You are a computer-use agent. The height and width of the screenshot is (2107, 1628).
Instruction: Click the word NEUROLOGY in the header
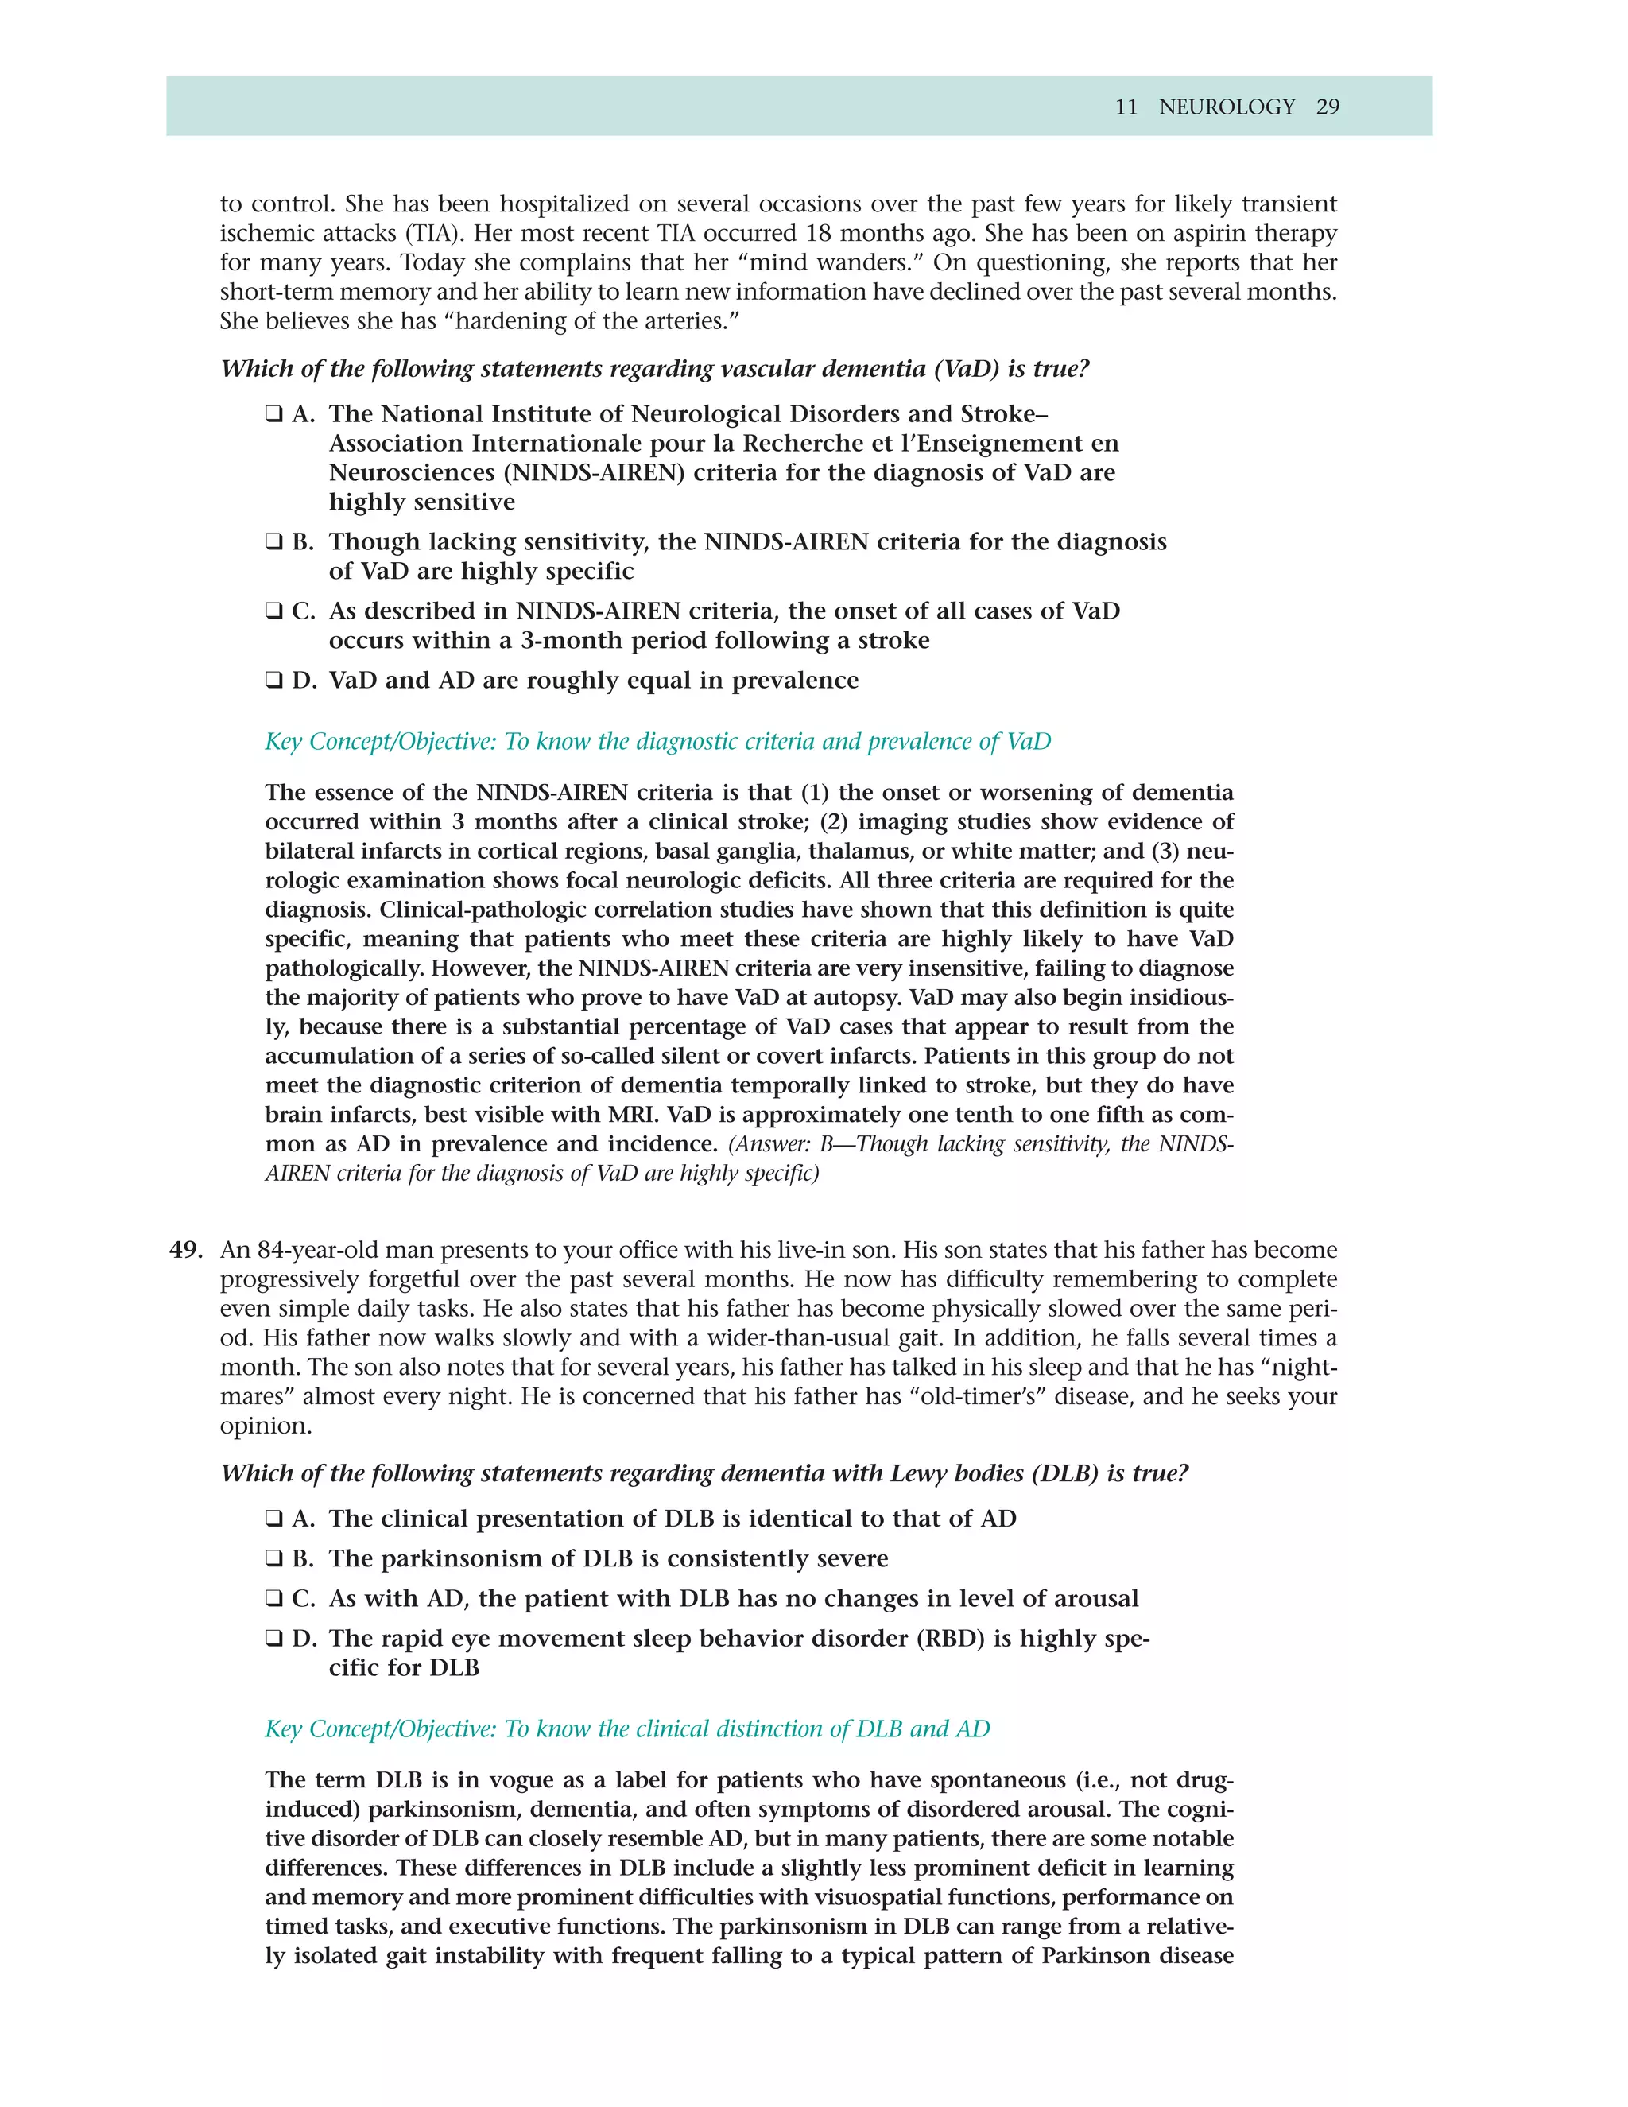1226,107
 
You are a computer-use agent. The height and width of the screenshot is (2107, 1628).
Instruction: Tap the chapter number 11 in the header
1126,107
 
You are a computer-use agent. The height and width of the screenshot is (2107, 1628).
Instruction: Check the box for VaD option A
274,415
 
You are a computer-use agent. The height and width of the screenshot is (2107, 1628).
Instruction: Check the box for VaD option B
274,542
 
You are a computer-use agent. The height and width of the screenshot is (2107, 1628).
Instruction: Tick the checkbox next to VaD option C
274,611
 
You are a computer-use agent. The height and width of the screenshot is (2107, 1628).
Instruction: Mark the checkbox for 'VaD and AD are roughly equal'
274,681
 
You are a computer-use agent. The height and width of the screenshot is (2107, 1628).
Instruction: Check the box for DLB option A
274,1519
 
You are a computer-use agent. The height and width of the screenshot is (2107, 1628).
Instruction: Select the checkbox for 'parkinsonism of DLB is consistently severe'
274,1559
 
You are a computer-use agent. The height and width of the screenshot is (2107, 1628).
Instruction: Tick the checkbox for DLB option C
274,1600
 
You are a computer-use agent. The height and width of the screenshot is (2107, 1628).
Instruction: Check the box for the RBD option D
274,1639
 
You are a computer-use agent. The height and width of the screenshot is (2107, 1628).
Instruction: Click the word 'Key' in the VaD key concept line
284,742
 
